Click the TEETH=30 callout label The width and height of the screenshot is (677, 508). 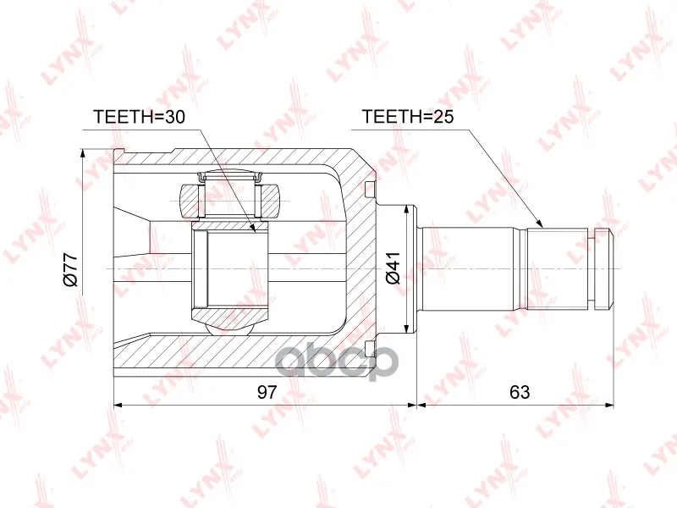[x=139, y=117]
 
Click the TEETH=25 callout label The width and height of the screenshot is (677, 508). [x=408, y=117]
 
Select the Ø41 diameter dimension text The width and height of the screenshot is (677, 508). [x=394, y=268]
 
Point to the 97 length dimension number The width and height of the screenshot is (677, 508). [x=267, y=392]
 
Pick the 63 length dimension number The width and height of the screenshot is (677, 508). [x=520, y=392]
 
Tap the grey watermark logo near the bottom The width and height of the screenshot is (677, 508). [x=336, y=363]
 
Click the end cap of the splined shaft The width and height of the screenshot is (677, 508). [x=603, y=268]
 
